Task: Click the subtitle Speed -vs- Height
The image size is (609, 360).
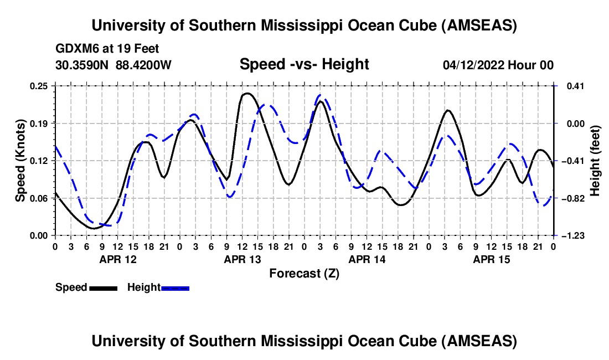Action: [304, 65]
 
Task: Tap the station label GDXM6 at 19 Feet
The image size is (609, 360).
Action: [107, 49]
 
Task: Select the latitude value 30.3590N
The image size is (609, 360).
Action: [82, 65]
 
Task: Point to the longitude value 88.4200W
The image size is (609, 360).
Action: [143, 65]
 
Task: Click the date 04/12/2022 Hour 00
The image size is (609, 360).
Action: [498, 65]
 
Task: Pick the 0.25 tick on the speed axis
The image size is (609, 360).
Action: [39, 86]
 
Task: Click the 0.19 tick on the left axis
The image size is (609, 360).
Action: [39, 123]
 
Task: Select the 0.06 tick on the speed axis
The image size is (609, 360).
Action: [39, 198]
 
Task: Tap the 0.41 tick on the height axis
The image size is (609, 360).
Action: [572, 86]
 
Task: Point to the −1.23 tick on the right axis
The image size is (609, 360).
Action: [570, 236]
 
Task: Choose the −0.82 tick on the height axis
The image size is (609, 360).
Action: [570, 198]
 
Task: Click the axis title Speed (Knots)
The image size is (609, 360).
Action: [20, 161]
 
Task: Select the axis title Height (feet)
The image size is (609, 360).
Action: [595, 161]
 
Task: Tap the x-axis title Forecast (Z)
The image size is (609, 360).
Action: [304, 273]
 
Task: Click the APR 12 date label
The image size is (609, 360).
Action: [117, 259]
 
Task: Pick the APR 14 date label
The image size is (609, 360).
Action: [367, 259]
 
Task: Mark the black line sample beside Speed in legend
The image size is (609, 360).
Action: [103, 288]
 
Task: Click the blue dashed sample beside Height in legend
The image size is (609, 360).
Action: [176, 288]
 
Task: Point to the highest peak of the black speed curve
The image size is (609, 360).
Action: [246, 93]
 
